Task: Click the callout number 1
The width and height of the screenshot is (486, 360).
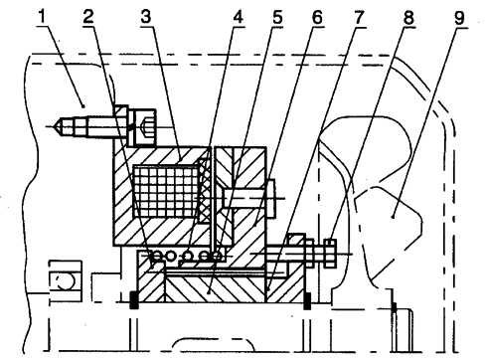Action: coord(42,17)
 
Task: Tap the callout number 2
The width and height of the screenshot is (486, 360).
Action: coord(88,17)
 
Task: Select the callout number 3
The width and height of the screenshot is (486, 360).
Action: coord(146,17)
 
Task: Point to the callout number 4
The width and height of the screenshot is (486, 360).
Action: coord(238,17)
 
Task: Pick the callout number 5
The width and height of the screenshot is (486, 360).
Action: coord(277,17)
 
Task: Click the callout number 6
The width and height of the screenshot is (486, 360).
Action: coord(317,17)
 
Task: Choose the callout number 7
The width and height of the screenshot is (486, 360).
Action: coord(359,17)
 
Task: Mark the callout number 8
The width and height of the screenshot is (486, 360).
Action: coord(408,17)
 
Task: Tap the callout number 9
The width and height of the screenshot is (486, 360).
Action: coord(459,18)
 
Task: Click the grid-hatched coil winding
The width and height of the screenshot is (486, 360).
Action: coord(166,191)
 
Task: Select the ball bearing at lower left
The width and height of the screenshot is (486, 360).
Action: coord(66,281)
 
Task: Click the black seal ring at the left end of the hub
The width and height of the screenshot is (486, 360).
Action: coord(133,300)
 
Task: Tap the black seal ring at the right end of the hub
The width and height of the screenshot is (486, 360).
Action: coord(307,301)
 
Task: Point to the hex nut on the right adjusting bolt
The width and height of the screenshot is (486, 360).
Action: coord(330,254)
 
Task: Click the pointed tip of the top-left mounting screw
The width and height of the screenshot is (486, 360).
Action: coord(55,126)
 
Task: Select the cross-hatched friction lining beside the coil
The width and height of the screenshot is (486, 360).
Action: coord(205,191)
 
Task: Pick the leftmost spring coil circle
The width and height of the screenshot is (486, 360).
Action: coord(156,256)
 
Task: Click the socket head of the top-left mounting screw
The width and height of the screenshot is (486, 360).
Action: coord(144,127)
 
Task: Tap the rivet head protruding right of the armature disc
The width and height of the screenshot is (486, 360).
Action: coord(270,198)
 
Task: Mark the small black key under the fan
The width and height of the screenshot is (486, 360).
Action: coord(394,307)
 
